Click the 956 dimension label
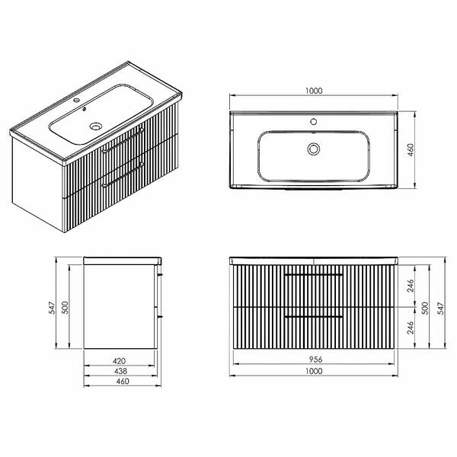click(x=315, y=360)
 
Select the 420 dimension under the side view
click(x=120, y=361)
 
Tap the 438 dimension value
click(x=120, y=371)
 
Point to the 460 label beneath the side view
click(x=123, y=382)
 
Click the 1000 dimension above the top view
click(x=314, y=91)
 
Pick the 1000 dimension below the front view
click(x=314, y=371)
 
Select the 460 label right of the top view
click(x=411, y=150)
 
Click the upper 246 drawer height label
click(x=411, y=286)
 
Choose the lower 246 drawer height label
click(x=411, y=328)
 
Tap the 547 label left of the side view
click(x=52, y=308)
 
